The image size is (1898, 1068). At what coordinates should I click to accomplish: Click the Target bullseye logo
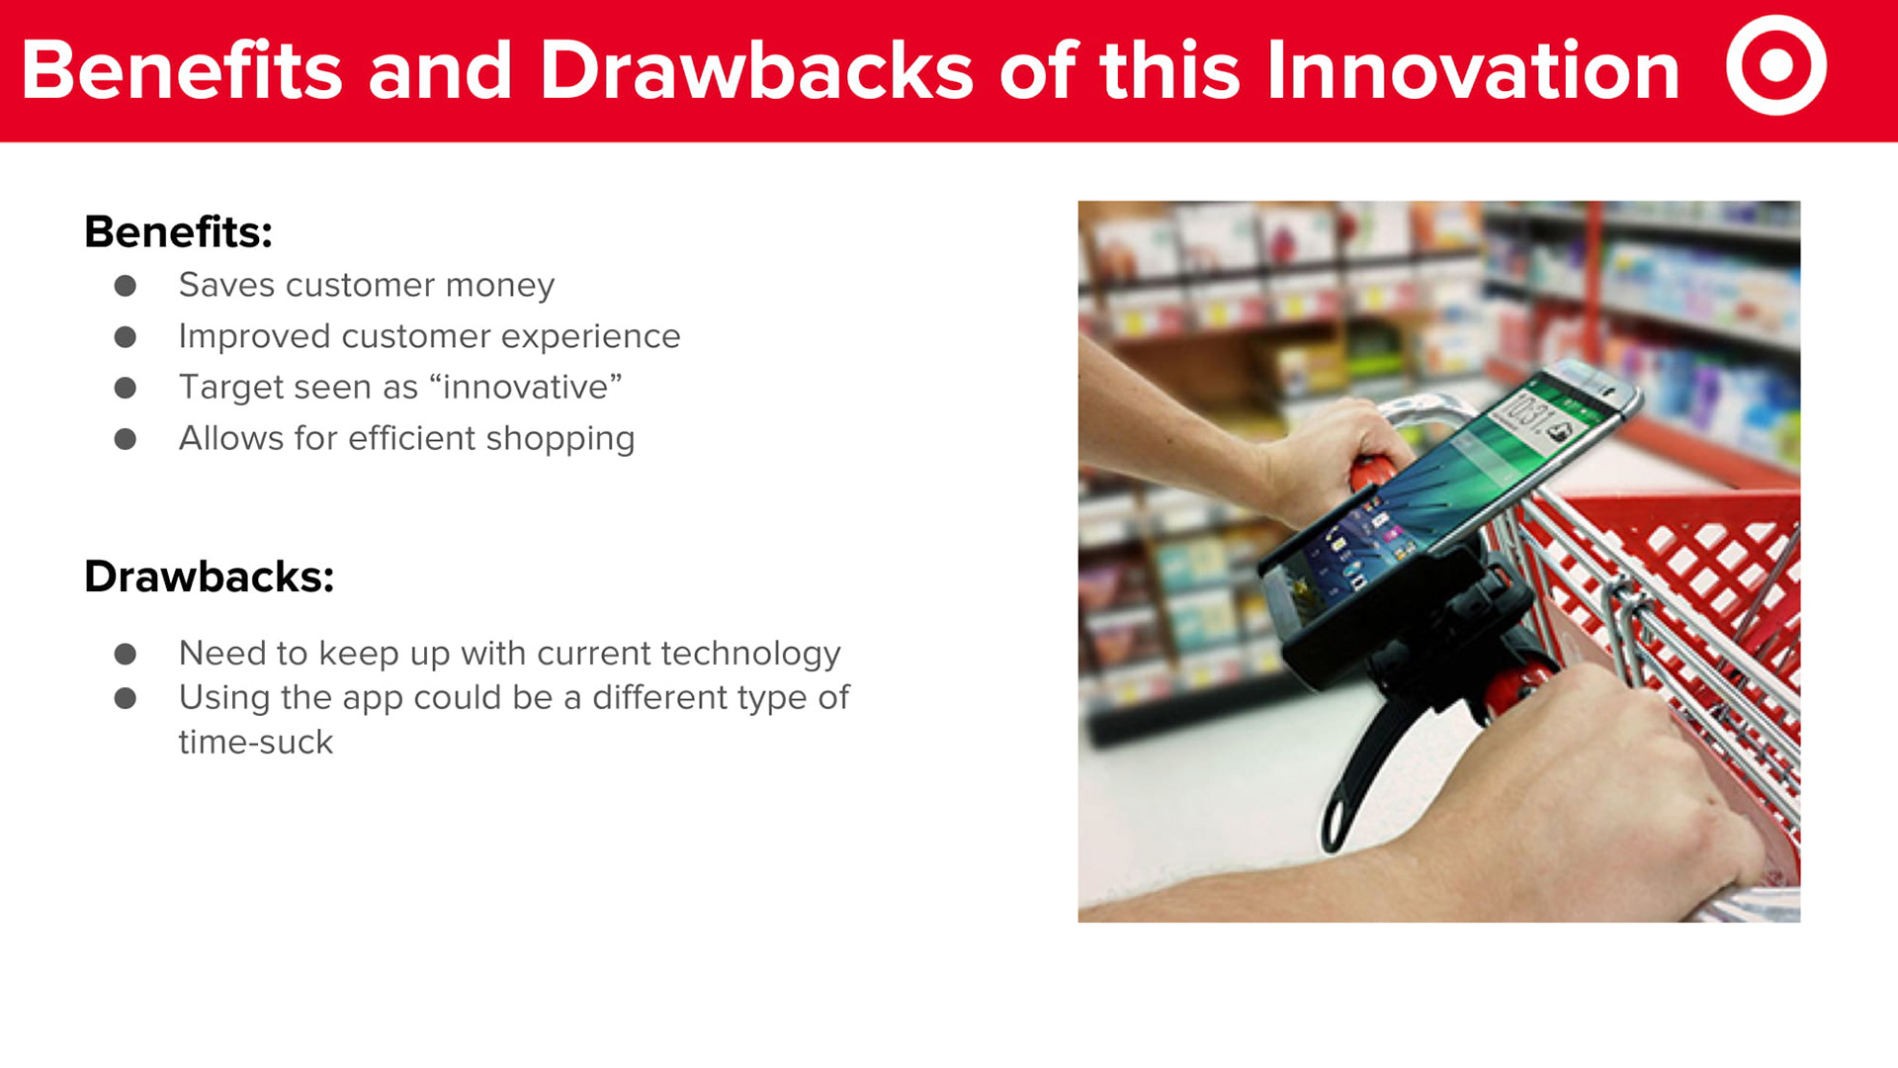pos(1776,65)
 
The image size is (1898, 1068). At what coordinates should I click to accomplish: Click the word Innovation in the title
pos(1473,70)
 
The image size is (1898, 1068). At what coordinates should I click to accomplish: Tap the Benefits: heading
pos(178,232)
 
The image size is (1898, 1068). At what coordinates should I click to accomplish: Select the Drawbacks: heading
pos(209,577)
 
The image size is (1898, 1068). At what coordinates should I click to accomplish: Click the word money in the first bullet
pos(500,286)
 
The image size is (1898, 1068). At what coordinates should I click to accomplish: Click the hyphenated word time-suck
pos(256,743)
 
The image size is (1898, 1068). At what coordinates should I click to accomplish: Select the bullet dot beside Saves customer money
pos(126,286)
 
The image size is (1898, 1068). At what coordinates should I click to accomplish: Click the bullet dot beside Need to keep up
pos(126,654)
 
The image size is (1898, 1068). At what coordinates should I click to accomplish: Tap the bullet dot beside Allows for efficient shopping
pos(126,439)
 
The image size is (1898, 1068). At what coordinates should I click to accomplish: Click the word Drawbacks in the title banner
pos(756,70)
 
